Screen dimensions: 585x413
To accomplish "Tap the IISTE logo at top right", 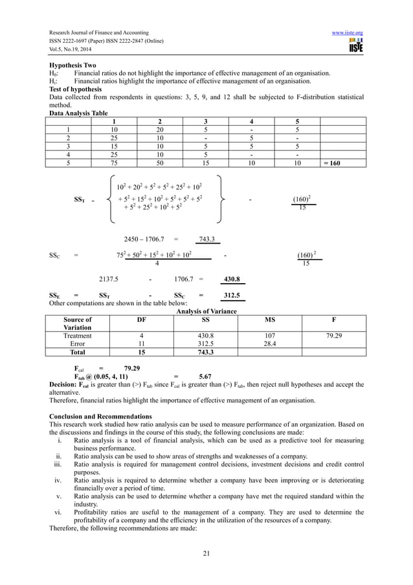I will pyautogui.click(x=355, y=45).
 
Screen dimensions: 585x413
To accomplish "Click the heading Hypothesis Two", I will pyautogui.click(x=73, y=65).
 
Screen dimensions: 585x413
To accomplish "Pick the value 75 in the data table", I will pyautogui.click(x=114, y=163).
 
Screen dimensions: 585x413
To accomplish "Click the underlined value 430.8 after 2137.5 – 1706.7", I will pyautogui.click(x=231, y=280).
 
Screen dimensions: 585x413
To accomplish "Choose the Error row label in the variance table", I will pyautogui.click(x=77, y=344).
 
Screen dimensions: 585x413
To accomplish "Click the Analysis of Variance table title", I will pyautogui.click(x=206, y=311).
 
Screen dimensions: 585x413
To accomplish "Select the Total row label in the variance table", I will pyautogui.click(x=77, y=352).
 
